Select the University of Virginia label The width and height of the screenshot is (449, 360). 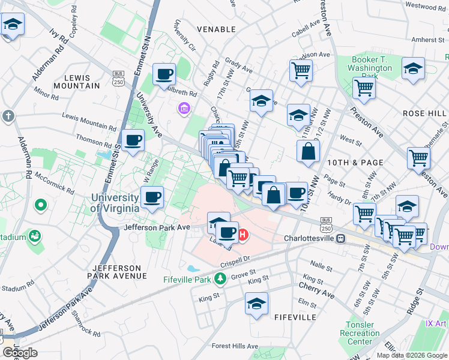coord(116,203)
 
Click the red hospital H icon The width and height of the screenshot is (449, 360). coord(243,235)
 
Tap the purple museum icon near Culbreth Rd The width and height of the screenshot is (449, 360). coord(184,109)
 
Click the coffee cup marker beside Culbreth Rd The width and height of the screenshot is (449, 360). coord(164,75)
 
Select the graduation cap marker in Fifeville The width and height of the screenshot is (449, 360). coord(256,304)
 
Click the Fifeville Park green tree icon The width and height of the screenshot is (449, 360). coord(220,278)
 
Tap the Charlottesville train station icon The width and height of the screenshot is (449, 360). coord(340,238)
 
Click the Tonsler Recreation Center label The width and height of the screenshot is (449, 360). coord(360,333)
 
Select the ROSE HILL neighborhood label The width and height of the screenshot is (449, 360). coord(424,113)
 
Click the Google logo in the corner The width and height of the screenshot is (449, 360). coord(20,353)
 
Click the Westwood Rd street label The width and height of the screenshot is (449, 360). coord(426,7)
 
